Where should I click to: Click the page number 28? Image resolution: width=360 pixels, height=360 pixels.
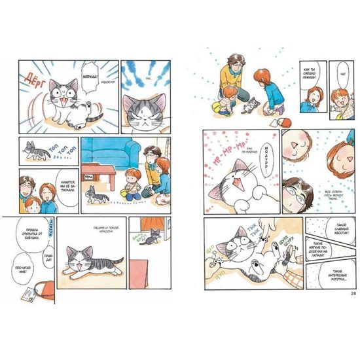[353, 292]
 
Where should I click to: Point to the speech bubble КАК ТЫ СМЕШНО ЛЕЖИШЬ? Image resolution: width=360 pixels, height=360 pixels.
[310, 79]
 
